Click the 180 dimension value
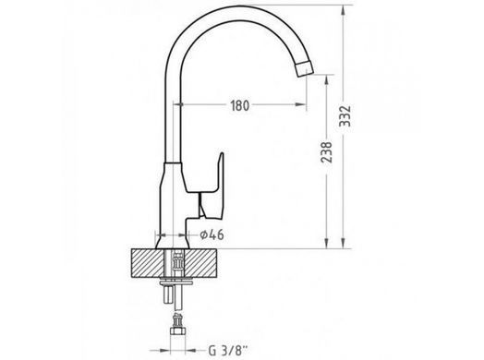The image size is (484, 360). pyautogui.click(x=240, y=105)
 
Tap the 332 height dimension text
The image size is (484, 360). pyautogui.click(x=345, y=116)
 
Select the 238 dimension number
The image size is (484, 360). pyautogui.click(x=326, y=152)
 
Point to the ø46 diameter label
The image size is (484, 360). pyautogui.click(x=212, y=234)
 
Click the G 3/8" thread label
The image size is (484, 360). pyautogui.click(x=228, y=351)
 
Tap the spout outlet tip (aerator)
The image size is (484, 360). pyautogui.click(x=304, y=68)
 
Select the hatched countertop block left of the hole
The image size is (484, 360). pyautogui.click(x=147, y=263)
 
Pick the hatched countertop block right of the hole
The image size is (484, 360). pyautogui.click(x=201, y=263)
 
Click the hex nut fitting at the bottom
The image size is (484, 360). pyautogui.click(x=178, y=331)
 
